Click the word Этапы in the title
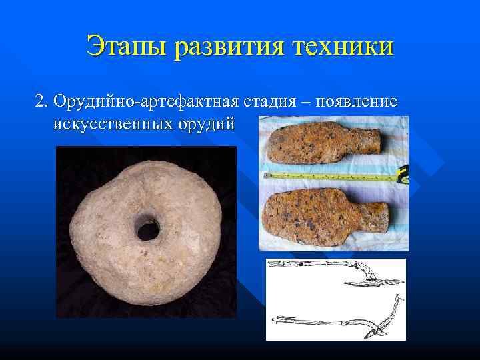click(x=126, y=47)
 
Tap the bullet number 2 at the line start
click(x=41, y=103)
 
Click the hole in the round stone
click(x=147, y=230)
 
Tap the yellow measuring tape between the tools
click(x=327, y=177)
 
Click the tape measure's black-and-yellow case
click(x=403, y=175)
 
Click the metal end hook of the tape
click(x=265, y=175)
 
